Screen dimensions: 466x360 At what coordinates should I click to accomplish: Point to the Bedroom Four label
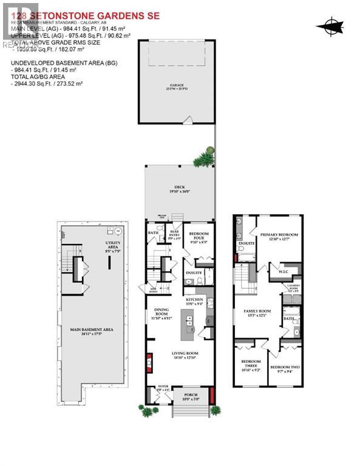click(x=198, y=234)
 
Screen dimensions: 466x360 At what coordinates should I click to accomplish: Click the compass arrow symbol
click(x=329, y=25)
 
